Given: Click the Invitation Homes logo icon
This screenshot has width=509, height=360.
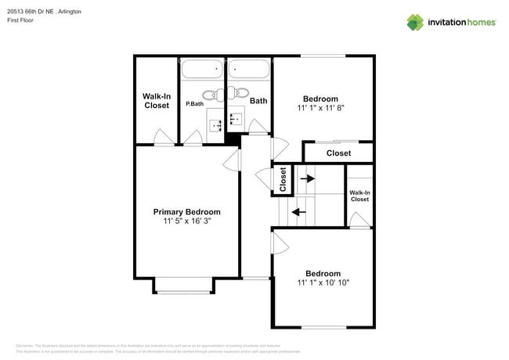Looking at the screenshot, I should pos(414,22).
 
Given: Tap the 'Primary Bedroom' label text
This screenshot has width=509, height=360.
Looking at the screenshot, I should pos(186,212).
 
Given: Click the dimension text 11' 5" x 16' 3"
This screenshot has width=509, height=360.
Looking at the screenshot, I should pos(186,221).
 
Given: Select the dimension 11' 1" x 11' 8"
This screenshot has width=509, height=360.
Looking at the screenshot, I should pos(320,108).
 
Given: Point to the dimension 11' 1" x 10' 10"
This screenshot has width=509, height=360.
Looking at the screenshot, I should pos(323,283).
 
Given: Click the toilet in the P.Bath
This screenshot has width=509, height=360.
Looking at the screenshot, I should pos(209,95).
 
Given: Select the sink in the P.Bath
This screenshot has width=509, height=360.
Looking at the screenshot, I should pos(216,123).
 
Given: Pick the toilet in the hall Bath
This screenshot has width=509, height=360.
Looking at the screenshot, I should pos(239,95).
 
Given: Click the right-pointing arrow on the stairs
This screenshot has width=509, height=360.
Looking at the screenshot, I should pos(307,178).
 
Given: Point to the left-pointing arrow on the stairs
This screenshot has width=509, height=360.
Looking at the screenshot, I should pos(298,211).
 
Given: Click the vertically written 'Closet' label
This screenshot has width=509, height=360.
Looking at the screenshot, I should pos(283,179).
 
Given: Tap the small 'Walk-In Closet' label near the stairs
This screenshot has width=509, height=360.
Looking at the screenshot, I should pos(359,196).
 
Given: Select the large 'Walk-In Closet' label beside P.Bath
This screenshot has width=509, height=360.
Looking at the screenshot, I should pos(157,101).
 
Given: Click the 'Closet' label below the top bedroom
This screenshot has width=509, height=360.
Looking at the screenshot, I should pos(338,153).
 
